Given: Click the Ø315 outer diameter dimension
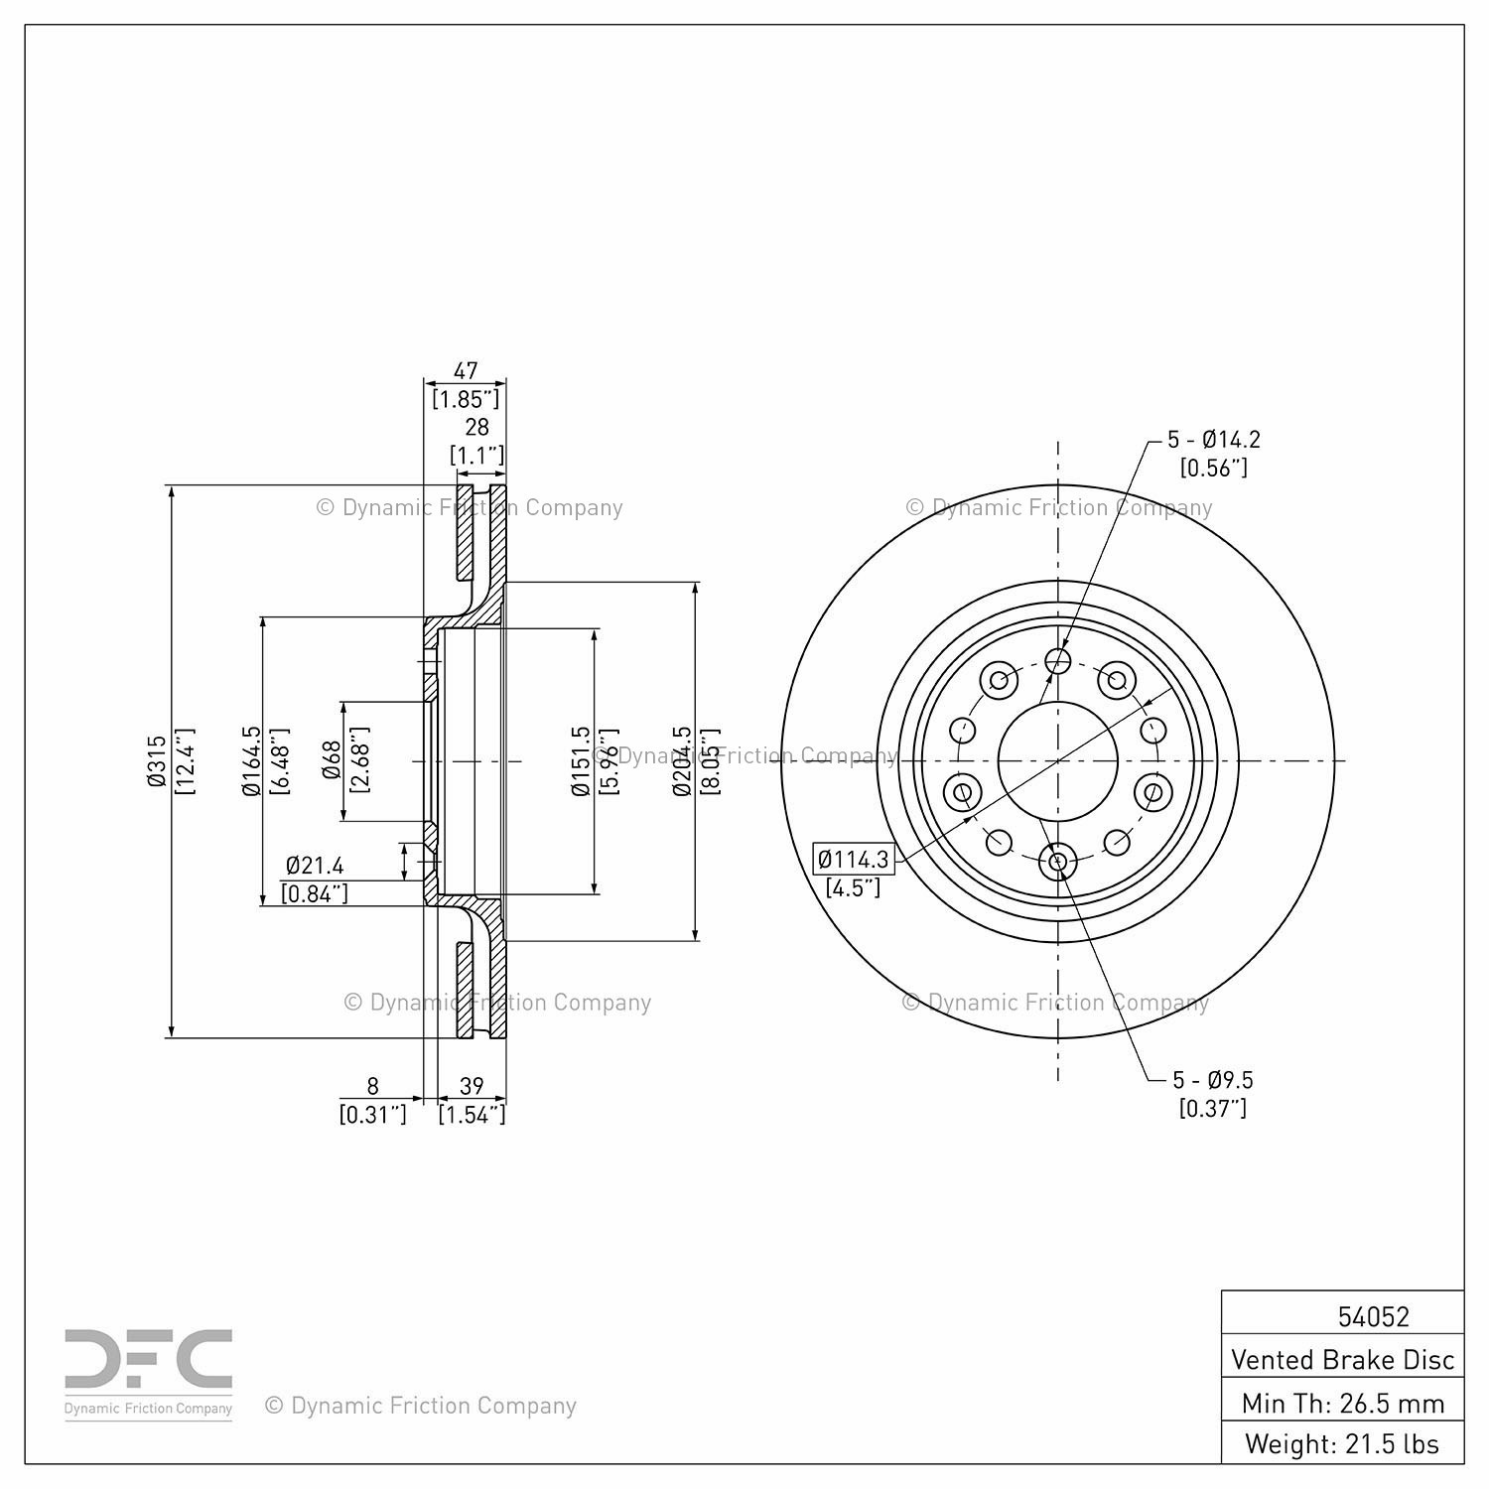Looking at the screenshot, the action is tap(156, 761).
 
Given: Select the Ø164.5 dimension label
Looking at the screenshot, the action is tap(251, 761).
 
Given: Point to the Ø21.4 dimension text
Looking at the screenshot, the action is tap(315, 866).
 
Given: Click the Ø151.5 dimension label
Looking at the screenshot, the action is tap(582, 761).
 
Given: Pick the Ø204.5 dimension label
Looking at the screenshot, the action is tap(681, 761).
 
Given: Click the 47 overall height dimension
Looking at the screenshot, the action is tap(466, 370).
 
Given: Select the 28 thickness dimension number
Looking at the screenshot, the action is tap(477, 427).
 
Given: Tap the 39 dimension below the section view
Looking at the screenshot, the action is tap(473, 1086).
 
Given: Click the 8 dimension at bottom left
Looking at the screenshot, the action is tap(373, 1086).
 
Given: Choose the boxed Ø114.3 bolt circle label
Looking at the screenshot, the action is tap(854, 859).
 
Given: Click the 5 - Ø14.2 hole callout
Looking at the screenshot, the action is tap(1214, 439).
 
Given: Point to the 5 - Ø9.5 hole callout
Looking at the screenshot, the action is tap(1213, 1079).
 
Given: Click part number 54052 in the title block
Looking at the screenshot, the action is tap(1374, 1316).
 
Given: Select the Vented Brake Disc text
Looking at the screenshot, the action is tap(1343, 1359).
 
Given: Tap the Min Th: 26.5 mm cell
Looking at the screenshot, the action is tap(1343, 1403).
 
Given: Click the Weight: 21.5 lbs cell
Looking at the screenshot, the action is tap(1342, 1443).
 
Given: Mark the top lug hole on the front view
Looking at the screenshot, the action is tap(1058, 660).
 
